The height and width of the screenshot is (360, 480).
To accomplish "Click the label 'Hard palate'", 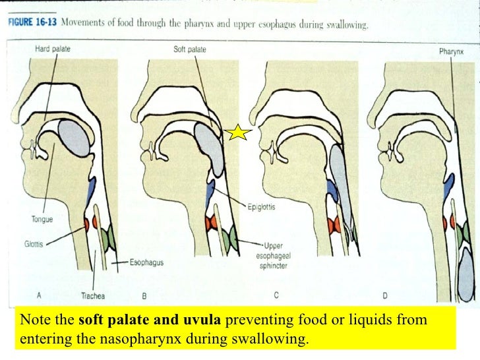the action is pos(53,49).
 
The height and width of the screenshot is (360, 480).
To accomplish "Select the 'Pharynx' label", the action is pos(452,51).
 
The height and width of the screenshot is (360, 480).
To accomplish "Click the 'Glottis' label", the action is pos(35,242).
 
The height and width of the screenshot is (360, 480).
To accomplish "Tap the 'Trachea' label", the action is pos(93,296).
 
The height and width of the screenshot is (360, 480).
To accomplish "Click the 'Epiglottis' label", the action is pos(263,205).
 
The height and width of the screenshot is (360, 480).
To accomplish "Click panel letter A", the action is pos(42,295).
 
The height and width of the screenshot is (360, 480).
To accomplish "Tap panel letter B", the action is pos(144,295).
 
